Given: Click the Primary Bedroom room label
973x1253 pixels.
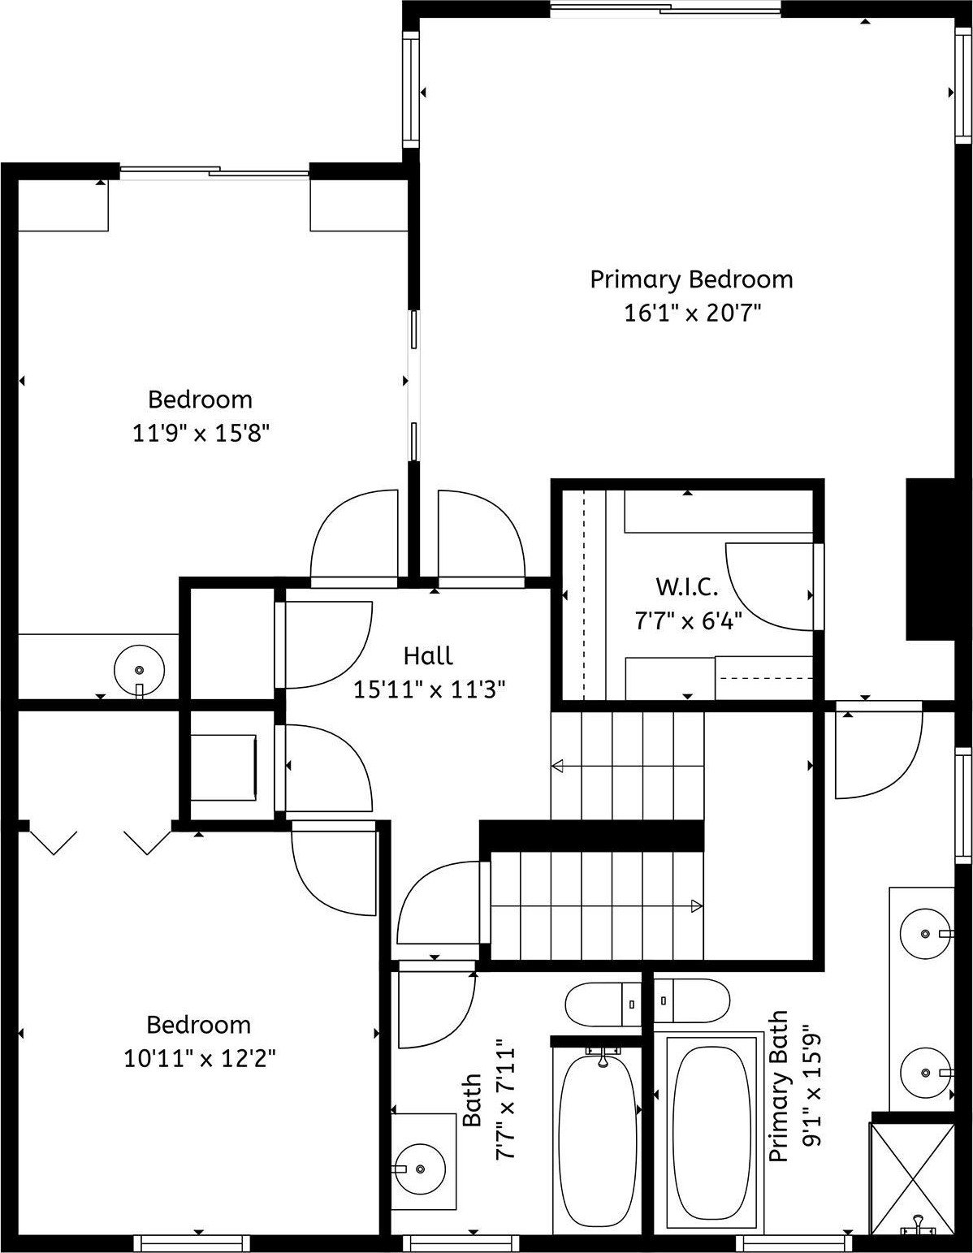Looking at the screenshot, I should click(690, 279).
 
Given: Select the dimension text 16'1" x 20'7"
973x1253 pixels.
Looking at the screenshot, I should click(690, 313).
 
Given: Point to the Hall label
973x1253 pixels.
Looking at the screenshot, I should click(428, 655).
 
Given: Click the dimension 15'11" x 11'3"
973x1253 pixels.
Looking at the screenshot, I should click(429, 689).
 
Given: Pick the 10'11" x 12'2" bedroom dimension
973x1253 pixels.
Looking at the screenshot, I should click(200, 1058).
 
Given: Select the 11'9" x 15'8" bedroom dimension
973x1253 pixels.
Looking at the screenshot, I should click(201, 433).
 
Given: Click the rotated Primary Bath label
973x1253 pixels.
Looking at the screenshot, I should click(778, 1086).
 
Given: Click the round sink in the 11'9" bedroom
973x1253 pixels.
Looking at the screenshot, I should click(139, 670).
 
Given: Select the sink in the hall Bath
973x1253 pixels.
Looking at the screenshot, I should click(419, 1168).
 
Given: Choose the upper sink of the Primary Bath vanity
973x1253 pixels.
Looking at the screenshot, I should click(926, 934).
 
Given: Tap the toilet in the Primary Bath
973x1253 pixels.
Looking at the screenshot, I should click(692, 1001).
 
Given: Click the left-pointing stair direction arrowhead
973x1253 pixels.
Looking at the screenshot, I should click(558, 766).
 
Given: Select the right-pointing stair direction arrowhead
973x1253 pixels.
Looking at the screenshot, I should click(696, 905).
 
